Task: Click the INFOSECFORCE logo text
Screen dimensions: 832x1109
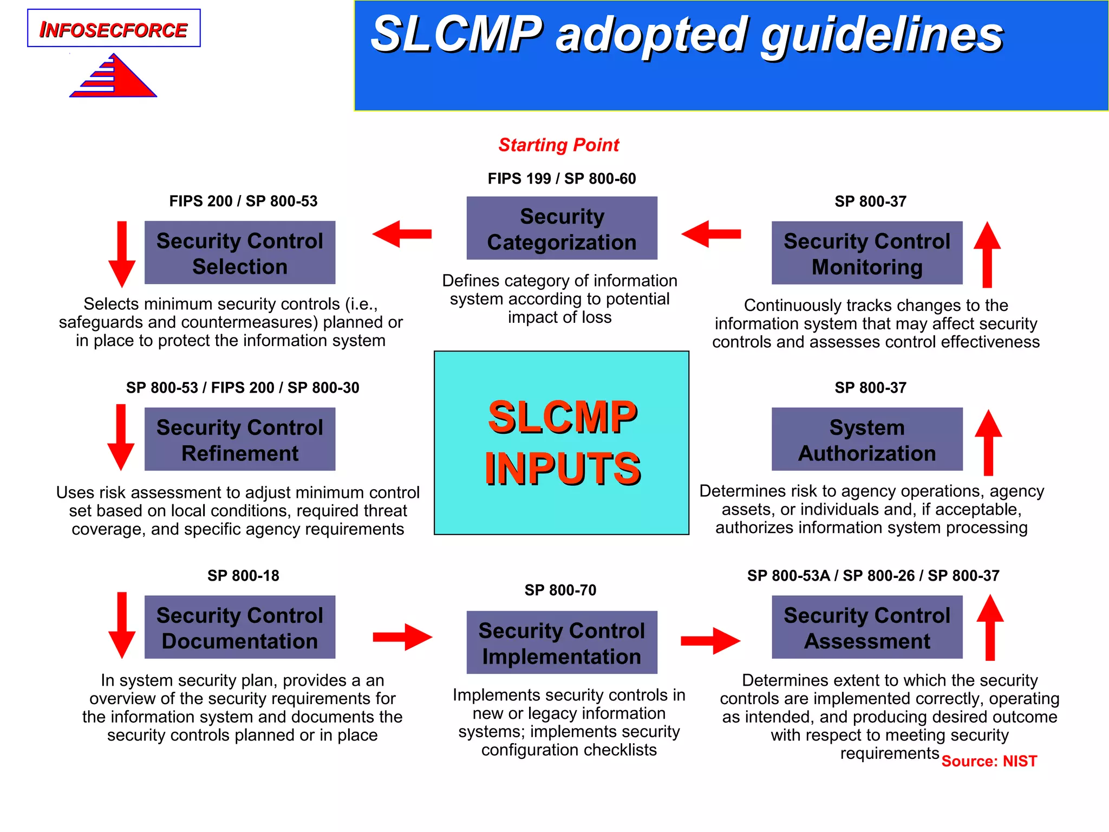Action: pyautogui.click(x=114, y=30)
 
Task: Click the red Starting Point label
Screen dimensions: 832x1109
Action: pyautogui.click(x=558, y=145)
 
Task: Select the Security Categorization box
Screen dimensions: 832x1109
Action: pyautogui.click(x=562, y=229)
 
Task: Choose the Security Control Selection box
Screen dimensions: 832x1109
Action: pyautogui.click(x=240, y=253)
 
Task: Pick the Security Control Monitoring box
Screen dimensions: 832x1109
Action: pyautogui.click(x=866, y=253)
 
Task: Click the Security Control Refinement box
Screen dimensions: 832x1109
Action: pyautogui.click(x=240, y=439)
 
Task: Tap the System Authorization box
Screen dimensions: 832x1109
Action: pyautogui.click(x=866, y=439)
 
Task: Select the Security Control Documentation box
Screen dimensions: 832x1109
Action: pyautogui.click(x=240, y=627)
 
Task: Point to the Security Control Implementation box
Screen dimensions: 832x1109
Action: pyautogui.click(x=562, y=643)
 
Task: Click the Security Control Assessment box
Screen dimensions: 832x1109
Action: pyautogui.click(x=866, y=627)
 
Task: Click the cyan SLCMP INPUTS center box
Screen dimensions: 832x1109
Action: pyautogui.click(x=562, y=443)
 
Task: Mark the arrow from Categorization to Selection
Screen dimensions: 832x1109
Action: pyautogui.click(x=402, y=234)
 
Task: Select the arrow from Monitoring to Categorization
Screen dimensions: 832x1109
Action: pyautogui.click(x=710, y=234)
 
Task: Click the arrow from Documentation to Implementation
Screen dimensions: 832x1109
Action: pyautogui.click(x=402, y=637)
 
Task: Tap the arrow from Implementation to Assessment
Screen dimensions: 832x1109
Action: pyautogui.click(x=710, y=641)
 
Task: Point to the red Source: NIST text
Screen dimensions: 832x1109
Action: pyautogui.click(x=989, y=761)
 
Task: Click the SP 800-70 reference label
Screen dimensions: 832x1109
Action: pyautogui.click(x=560, y=590)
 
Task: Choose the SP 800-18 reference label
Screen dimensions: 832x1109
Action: pyautogui.click(x=243, y=575)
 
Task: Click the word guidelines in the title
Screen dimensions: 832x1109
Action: pyautogui.click(x=883, y=35)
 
